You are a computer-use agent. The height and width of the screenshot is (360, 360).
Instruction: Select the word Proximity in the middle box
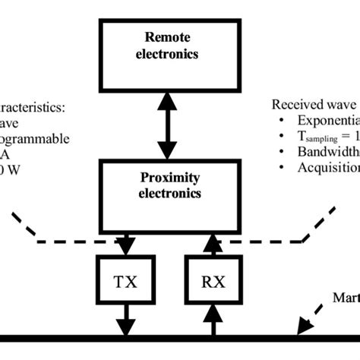[170, 178]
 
